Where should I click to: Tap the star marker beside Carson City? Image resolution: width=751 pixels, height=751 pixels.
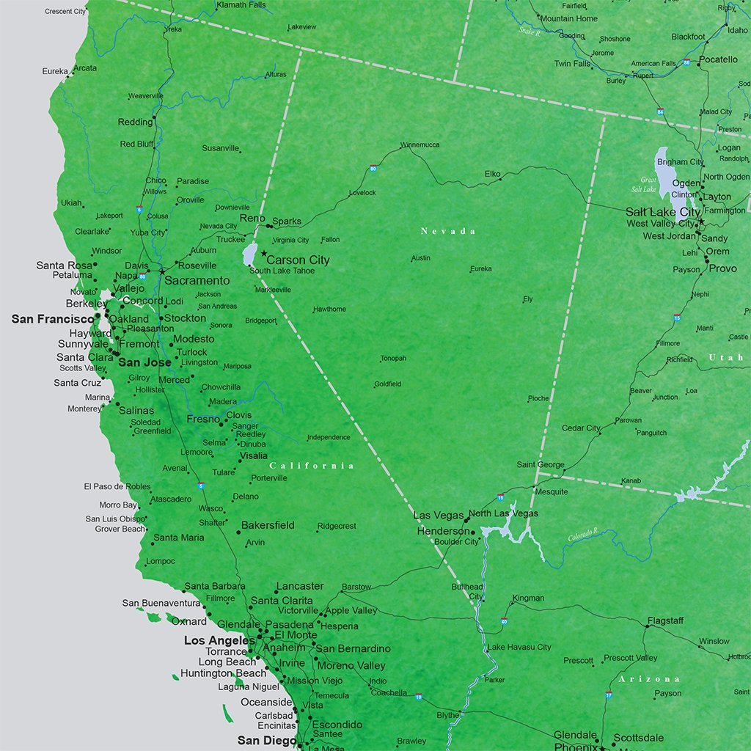click(263, 253)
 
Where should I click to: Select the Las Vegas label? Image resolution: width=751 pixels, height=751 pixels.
click(439, 516)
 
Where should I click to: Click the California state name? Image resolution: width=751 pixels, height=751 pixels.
click(312, 466)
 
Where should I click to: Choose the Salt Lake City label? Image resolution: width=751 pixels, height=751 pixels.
click(663, 212)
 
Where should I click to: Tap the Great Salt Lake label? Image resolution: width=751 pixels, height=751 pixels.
click(648, 184)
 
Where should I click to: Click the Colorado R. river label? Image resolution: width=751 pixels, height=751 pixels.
click(583, 535)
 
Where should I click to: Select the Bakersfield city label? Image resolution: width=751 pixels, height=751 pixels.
click(268, 525)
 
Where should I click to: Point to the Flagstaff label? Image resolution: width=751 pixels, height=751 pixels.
click(665, 620)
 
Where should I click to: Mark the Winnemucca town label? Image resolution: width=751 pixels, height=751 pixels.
click(420, 144)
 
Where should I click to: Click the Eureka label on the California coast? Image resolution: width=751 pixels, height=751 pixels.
click(55, 71)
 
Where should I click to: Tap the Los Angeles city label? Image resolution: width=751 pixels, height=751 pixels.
click(219, 640)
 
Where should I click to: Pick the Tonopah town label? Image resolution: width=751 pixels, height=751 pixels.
click(393, 359)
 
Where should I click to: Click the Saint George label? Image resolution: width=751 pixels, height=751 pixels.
click(541, 464)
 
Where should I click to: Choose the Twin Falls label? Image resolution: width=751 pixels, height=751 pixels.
click(572, 64)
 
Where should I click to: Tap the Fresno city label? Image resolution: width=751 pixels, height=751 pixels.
click(203, 420)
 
